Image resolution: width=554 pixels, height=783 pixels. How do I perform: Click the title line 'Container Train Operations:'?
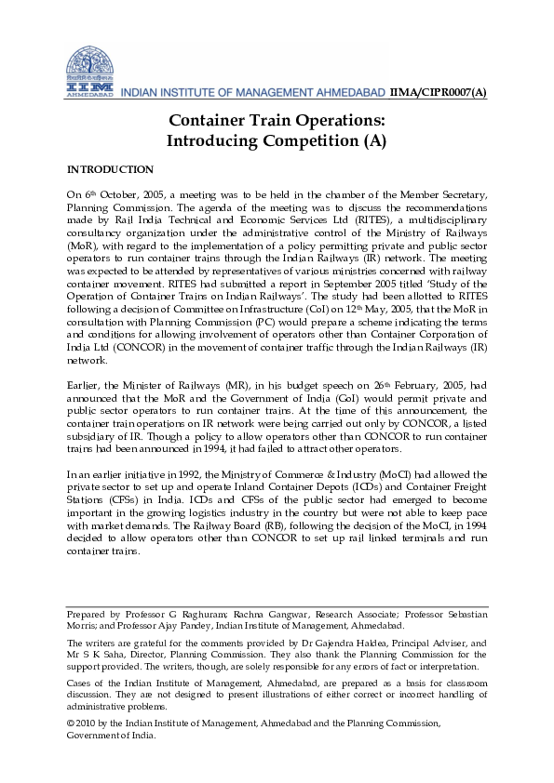point(277,121)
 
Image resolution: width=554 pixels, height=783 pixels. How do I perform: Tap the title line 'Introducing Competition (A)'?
point(277,141)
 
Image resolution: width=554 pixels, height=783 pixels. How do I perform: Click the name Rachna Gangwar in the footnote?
point(271,615)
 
